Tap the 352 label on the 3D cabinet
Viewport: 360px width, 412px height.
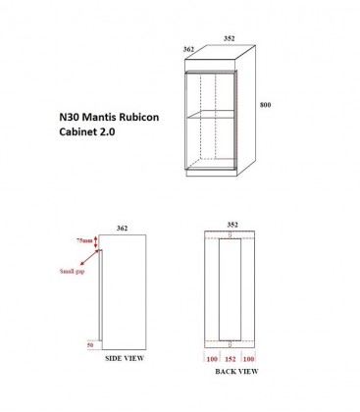click(229, 40)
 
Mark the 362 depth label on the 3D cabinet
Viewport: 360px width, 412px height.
click(187, 48)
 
